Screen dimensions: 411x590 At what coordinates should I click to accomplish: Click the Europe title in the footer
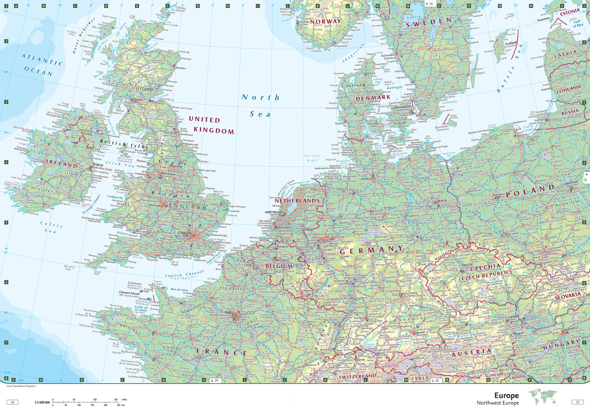coord(506,395)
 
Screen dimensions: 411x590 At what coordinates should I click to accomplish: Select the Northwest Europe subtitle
coord(498,403)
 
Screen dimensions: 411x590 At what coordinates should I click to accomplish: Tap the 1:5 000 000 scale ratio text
coord(42,402)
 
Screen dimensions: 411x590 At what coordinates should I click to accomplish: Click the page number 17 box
coord(577,402)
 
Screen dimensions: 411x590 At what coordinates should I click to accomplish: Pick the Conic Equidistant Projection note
coord(21,386)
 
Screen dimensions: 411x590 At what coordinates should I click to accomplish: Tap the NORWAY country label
coord(325,22)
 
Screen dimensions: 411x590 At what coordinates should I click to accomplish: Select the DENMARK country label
coord(373,98)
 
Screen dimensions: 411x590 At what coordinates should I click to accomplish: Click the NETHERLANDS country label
coord(297,201)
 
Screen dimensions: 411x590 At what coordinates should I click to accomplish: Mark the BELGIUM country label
coord(279,266)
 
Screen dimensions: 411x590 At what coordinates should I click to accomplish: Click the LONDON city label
coord(184,233)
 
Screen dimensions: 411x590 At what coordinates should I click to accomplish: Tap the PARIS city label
coord(229,313)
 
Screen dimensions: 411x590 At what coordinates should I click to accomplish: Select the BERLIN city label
coord(442,201)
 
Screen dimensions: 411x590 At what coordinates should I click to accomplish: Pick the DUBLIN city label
coord(98,165)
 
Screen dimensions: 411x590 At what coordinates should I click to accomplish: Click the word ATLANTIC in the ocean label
coord(42,60)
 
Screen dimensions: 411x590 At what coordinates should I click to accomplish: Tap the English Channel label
coord(184,274)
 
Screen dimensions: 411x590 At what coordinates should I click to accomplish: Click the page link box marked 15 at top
coord(429,4)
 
